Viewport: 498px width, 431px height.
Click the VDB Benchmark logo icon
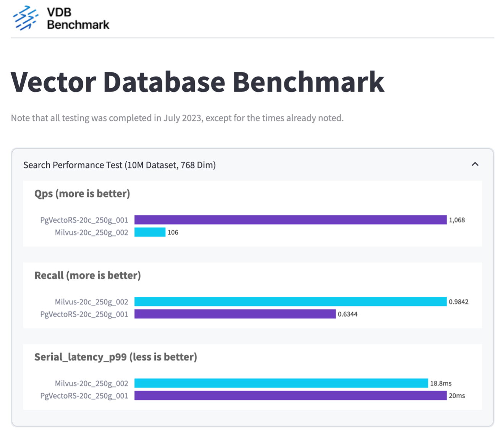[x=25, y=18]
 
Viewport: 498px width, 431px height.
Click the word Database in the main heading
[x=164, y=82]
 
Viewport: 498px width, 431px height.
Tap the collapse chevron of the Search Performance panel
[x=475, y=164]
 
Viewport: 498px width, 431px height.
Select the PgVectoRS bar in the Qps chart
[x=290, y=220]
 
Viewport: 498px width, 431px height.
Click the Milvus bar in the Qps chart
[x=150, y=232]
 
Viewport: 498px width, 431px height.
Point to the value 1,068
[x=457, y=220]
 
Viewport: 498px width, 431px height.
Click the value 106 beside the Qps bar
[x=173, y=232]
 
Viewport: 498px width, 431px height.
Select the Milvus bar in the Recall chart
[x=290, y=302]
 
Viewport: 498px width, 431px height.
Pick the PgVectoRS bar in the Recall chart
[x=235, y=314]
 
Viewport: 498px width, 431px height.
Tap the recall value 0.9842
[x=459, y=302]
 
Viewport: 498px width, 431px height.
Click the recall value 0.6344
[x=348, y=314]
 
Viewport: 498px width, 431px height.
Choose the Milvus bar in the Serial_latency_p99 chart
[x=281, y=383]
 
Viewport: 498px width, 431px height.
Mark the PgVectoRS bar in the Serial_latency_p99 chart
[x=290, y=396]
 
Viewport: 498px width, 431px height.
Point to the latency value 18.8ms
[x=441, y=383]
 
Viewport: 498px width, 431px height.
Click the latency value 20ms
[x=457, y=396]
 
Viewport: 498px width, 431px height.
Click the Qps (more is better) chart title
[x=82, y=194]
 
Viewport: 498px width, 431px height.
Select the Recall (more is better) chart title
[x=87, y=275]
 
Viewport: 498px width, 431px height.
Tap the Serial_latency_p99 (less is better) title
[x=116, y=357]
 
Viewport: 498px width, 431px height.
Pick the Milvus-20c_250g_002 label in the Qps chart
[x=91, y=232]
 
